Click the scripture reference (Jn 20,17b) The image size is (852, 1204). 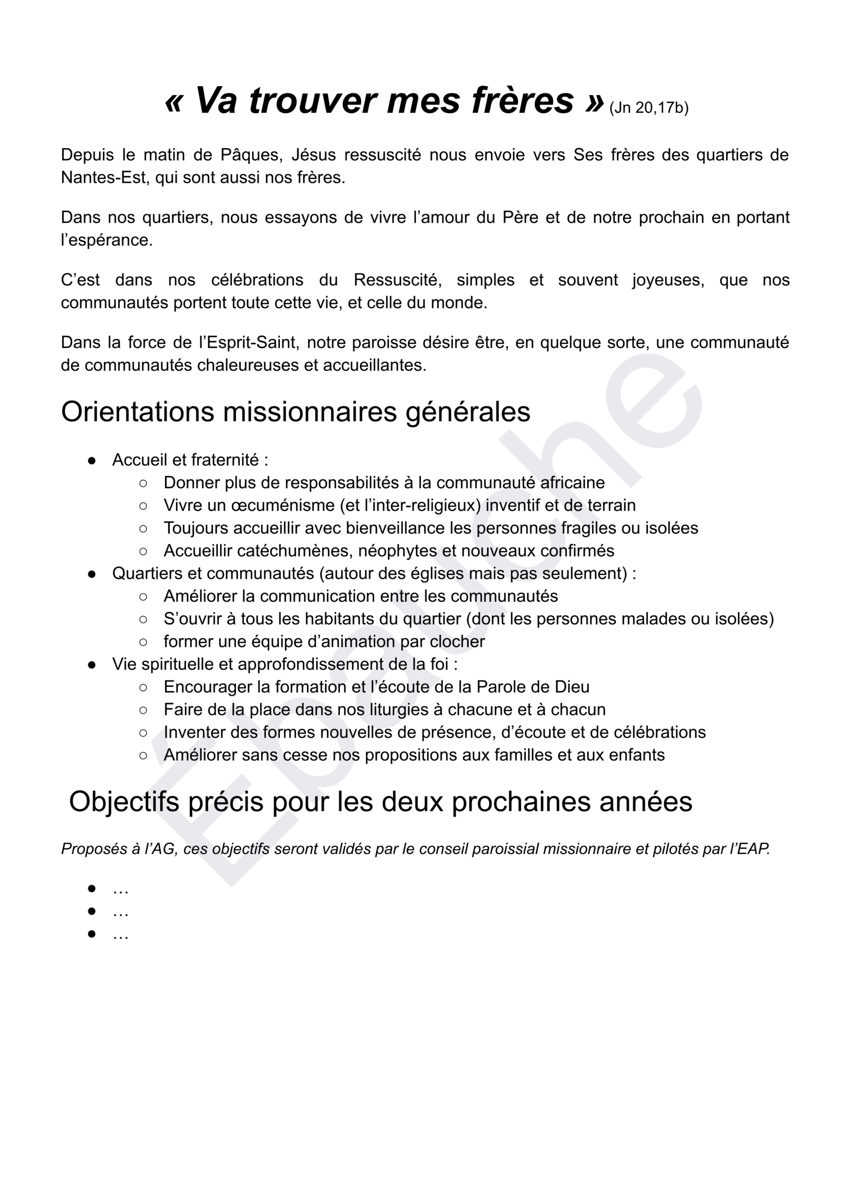point(648,108)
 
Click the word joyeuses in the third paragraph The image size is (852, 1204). point(668,280)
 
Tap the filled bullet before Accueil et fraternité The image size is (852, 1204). point(92,460)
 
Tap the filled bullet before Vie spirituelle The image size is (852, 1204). point(92,665)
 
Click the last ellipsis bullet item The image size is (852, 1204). point(120,935)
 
